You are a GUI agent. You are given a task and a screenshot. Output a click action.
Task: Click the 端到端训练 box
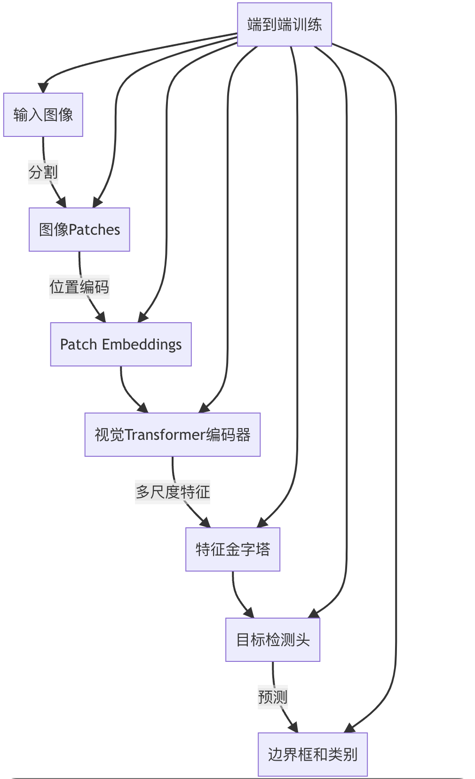tap(285, 24)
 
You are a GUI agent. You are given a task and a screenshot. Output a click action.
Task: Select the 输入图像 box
tap(43, 115)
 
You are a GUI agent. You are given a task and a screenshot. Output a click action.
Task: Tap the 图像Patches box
tap(79, 230)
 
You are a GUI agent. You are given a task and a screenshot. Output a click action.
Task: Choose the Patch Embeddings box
tap(121, 344)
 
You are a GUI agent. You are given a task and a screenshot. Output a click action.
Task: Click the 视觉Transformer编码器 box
tap(173, 435)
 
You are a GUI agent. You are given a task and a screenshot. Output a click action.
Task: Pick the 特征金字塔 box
tap(233, 549)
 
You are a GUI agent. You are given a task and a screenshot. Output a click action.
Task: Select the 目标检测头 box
tap(273, 640)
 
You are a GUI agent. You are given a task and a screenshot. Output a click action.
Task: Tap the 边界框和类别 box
tap(313, 755)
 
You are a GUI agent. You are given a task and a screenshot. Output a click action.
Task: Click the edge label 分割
tap(43, 172)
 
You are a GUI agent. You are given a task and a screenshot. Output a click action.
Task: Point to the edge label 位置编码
tap(79, 287)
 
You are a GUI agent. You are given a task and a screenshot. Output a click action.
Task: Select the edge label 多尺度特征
tap(173, 492)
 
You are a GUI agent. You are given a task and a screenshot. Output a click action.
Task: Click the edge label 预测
tap(273, 697)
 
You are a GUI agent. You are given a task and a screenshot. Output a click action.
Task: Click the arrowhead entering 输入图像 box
tap(43, 88)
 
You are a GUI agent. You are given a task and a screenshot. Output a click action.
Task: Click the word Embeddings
tap(142, 344)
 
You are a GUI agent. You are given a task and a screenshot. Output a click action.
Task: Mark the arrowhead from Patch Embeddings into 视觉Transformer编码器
tap(143, 408)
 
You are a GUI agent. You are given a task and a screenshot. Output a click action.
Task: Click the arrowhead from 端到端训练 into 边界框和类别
tap(349, 728)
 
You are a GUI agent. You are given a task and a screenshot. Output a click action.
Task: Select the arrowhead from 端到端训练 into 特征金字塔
tap(261, 523)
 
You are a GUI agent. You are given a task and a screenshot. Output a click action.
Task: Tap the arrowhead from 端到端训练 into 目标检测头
tap(313, 613)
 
